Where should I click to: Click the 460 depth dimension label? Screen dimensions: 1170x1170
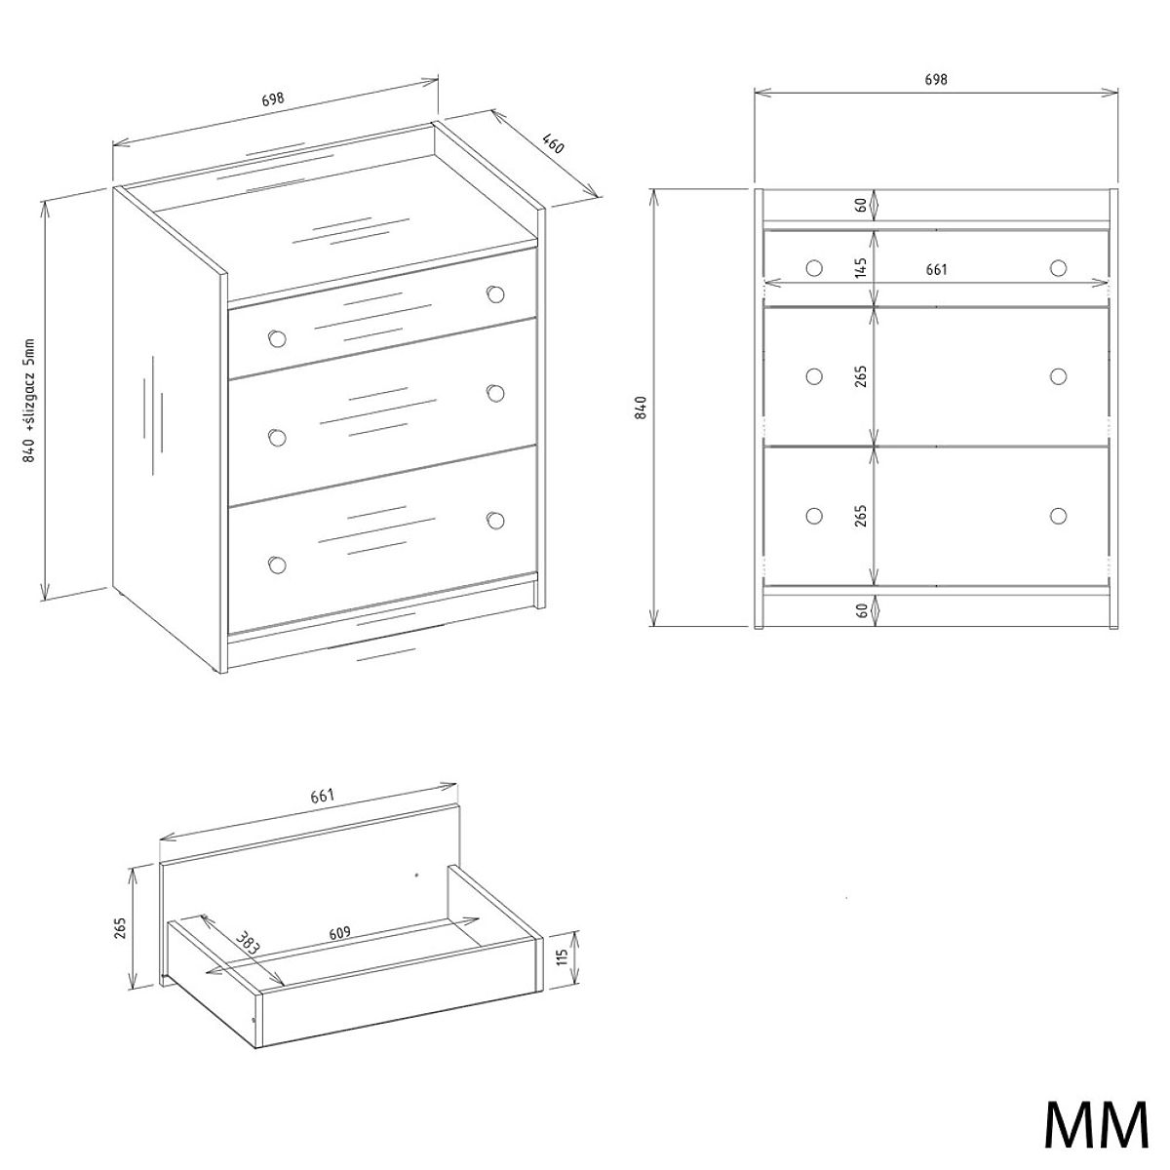553,145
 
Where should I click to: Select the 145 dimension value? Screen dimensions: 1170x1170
860,268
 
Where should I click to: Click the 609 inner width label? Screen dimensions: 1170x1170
340,933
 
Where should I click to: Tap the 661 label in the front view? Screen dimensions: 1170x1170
936,269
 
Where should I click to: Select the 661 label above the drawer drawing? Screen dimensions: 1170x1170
323,796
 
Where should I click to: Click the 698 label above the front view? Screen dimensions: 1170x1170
936,80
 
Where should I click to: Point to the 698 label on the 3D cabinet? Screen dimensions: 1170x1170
273,99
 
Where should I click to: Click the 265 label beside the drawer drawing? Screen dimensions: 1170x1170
120,928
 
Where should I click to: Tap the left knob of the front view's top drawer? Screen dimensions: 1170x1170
814,268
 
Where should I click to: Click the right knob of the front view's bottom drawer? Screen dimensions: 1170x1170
1058,516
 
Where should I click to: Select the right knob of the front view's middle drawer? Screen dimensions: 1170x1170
1058,376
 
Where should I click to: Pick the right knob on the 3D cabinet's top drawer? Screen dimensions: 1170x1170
495,293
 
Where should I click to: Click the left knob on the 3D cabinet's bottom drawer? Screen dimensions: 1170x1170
277,565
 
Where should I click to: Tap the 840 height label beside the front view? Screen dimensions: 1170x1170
643,407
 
